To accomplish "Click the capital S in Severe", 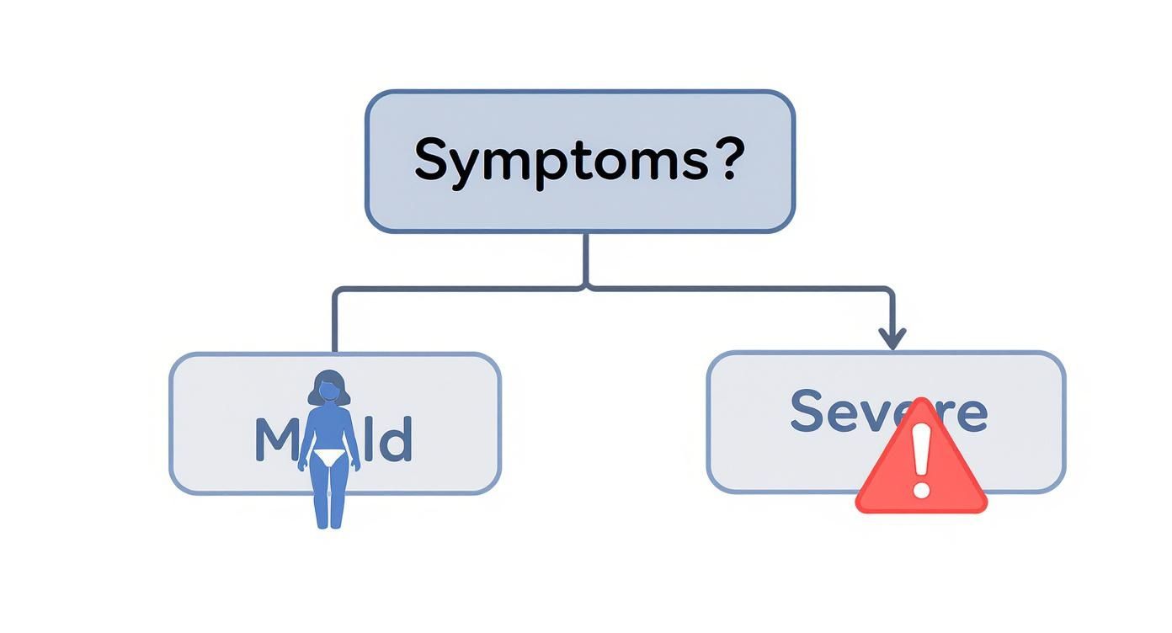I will pyautogui.click(x=808, y=411).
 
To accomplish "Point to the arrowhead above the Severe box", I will pyautogui.click(x=892, y=340).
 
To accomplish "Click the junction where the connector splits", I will pyautogui.click(x=586, y=289).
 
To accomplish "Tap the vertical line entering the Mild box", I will pyautogui.click(x=335, y=324).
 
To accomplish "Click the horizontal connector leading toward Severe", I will pyautogui.click(x=741, y=289).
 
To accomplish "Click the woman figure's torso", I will pyautogui.click(x=328, y=429).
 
